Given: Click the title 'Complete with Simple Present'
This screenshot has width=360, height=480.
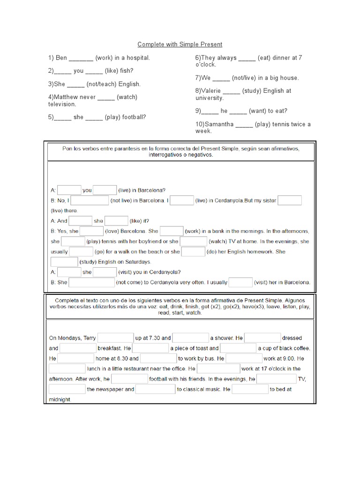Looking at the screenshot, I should (180, 45).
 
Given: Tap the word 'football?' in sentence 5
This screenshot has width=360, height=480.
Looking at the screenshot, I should (134, 118).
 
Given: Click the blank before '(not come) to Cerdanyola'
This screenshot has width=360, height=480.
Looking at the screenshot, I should (92, 283).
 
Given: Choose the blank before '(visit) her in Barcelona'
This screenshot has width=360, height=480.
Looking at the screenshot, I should (240, 283).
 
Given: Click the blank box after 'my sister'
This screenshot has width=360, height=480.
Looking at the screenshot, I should (290, 201).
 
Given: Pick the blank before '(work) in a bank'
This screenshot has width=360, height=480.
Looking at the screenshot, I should (172, 231).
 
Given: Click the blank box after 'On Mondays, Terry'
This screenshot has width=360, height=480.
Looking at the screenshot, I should (116, 338).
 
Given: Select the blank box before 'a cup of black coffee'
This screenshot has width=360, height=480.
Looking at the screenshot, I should (238, 348).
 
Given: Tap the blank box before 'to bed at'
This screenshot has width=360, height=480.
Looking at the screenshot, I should (250, 390).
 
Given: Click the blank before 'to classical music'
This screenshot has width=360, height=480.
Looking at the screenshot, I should (156, 390).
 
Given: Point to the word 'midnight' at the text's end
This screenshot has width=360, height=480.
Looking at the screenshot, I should (60, 400).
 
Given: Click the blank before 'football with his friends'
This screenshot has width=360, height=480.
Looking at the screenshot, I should (129, 379).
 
